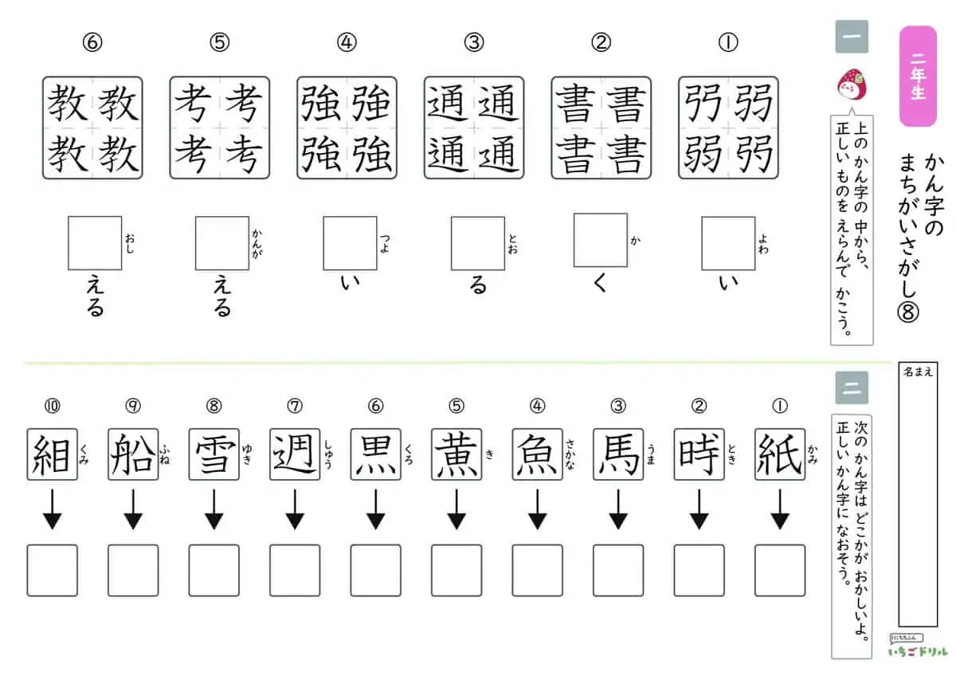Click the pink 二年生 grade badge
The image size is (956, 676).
tap(918, 76)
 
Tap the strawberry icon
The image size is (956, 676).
tap(852, 84)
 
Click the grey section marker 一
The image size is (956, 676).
tap(852, 37)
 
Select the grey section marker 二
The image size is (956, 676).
tap(852, 387)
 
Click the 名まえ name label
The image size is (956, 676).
tap(918, 372)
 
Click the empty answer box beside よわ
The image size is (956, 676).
tap(728, 243)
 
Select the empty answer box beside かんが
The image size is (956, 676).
tap(222, 243)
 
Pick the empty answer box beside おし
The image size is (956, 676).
tap(95, 243)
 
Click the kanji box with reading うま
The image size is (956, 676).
tap(618, 454)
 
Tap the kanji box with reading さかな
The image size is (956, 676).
tap(537, 454)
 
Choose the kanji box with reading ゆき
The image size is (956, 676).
tap(214, 454)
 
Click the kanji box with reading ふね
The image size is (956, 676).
tap(133, 454)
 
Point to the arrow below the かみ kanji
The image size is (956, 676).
tap(780, 509)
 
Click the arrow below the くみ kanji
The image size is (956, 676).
tap(52, 509)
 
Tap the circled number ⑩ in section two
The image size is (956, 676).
tap(52, 406)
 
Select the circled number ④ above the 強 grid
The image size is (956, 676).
tap(347, 43)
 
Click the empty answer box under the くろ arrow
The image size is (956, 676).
tap(375, 570)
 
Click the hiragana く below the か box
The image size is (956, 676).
tap(600, 283)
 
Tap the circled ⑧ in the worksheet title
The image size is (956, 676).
tap(907, 312)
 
